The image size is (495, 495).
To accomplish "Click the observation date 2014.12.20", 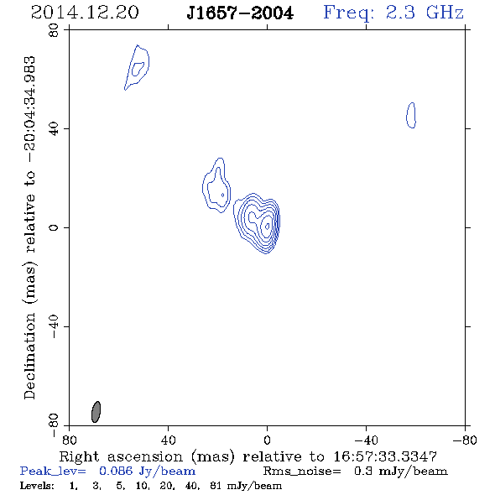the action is (x=85, y=13).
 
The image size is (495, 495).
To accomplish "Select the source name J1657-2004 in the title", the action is (x=240, y=13).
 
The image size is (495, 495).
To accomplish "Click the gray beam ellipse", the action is (x=96, y=412).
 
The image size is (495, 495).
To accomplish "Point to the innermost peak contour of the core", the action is (x=268, y=226).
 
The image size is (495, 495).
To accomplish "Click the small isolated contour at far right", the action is (x=411, y=115).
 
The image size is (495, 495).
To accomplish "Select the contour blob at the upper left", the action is (x=137, y=67).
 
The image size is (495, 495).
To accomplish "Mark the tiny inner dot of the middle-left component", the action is (x=223, y=195).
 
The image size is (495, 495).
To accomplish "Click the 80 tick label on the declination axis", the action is (x=54, y=30).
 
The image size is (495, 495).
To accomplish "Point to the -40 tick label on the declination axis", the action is (x=54, y=326).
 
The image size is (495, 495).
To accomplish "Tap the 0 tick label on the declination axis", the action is (x=54, y=227).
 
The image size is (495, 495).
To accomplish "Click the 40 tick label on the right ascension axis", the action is (x=169, y=440).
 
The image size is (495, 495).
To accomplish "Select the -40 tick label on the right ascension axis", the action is (x=366, y=440).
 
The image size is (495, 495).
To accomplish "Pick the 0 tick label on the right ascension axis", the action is (x=267, y=440).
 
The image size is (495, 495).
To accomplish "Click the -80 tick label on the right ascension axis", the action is (x=465, y=440).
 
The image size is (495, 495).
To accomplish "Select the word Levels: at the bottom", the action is (x=37, y=486).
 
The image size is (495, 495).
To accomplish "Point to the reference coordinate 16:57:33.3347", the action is (x=385, y=456).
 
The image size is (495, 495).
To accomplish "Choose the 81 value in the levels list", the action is (x=216, y=486).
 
